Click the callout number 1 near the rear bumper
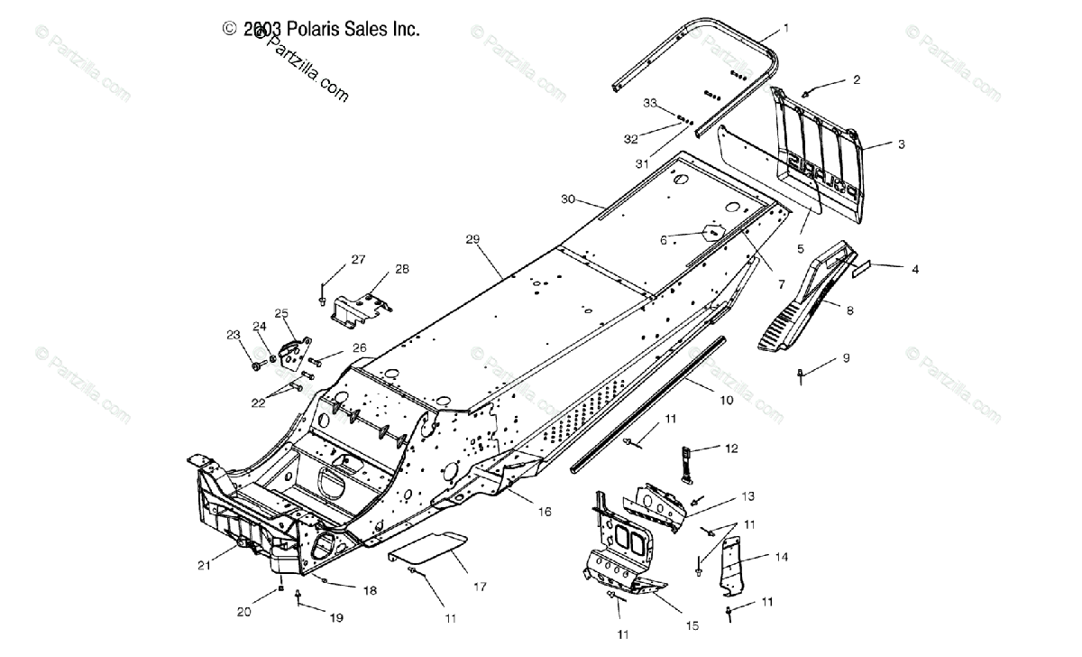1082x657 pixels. [785, 28]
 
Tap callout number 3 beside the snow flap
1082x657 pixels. [901, 143]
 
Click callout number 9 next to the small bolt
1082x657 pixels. [846, 357]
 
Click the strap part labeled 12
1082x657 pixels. [683, 461]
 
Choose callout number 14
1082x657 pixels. [781, 557]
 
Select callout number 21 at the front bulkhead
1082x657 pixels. [205, 566]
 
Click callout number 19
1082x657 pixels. [336, 618]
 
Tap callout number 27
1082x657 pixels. [358, 260]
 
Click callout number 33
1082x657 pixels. [649, 103]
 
